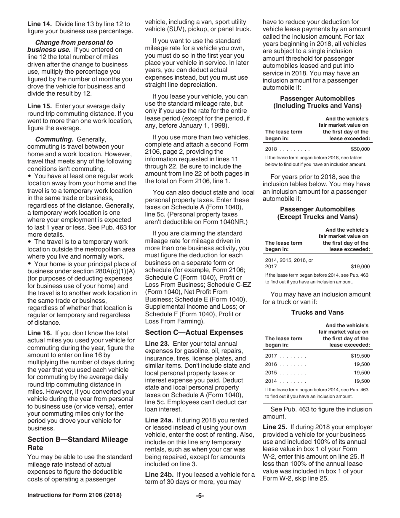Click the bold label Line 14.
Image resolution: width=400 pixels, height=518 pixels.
(x=39, y=24)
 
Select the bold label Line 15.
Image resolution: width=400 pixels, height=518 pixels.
(x=39, y=106)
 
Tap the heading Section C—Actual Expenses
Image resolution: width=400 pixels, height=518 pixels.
(x=194, y=332)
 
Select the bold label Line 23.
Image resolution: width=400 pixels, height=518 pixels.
(x=157, y=344)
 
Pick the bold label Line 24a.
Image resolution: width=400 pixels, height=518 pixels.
(x=159, y=420)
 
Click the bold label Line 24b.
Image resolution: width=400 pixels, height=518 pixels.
(x=159, y=475)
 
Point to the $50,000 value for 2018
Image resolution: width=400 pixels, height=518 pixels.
(x=360, y=149)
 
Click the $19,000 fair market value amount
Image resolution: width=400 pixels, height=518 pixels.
(x=360, y=267)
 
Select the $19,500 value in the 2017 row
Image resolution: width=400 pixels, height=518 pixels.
(x=360, y=356)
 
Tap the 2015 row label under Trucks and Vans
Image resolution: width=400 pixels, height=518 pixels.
(x=271, y=373)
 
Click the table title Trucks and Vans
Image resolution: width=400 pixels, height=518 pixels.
(x=317, y=312)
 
